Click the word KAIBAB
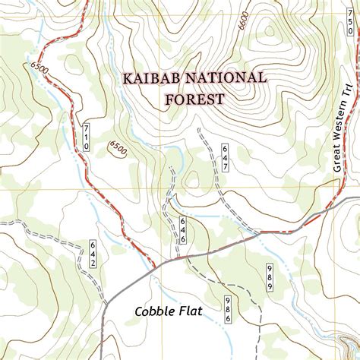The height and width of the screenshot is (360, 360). coord(150,78)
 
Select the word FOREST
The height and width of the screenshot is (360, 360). coord(194,99)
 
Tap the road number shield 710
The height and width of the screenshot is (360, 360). coord(86,136)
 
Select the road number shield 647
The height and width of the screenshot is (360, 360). coord(226,156)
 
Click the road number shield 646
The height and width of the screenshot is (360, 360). coord(183,229)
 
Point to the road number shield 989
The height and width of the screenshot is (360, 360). coord(269,276)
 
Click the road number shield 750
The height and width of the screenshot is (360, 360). coord(350,27)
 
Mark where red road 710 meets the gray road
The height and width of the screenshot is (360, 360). coord(156,267)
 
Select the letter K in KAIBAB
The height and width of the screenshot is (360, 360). coord(126,78)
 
